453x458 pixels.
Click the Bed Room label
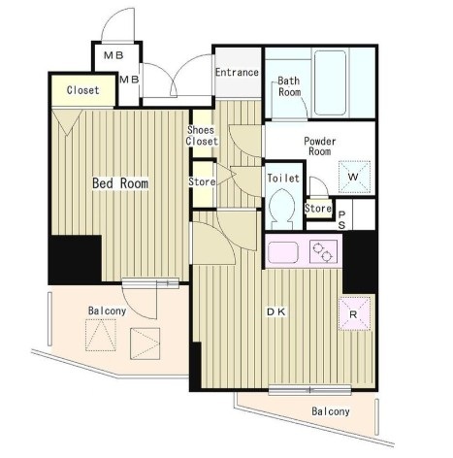120,183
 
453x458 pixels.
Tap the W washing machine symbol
354,177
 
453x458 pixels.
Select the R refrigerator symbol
354,314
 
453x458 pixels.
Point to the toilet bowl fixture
281,207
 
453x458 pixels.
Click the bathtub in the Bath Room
330,82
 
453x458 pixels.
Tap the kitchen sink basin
282,252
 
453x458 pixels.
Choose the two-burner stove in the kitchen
322,252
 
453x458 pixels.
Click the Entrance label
237,72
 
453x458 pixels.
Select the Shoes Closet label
202,136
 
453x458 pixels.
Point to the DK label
276,312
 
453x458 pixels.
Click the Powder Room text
319,147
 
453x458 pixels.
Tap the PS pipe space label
341,219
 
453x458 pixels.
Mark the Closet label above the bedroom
82,90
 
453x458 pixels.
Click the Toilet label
283,178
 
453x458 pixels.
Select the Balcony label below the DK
331,411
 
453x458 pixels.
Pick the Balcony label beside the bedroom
107,311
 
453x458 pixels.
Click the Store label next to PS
318,209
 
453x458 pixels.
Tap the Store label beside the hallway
202,181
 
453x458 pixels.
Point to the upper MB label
113,55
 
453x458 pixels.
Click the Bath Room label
289,86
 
